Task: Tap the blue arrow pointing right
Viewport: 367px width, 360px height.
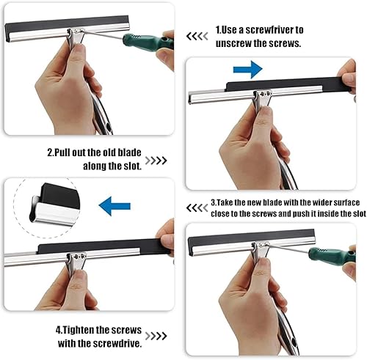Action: pos(247,70)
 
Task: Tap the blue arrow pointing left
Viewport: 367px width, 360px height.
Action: pos(115,206)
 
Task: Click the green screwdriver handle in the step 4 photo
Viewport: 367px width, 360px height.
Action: pos(332,255)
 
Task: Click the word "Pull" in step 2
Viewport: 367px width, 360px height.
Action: pos(62,153)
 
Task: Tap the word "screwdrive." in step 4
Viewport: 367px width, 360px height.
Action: pos(117,343)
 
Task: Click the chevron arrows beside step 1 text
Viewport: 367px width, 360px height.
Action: pos(197,37)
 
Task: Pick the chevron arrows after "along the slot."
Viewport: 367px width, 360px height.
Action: pos(156,161)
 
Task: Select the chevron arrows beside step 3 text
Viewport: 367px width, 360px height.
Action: pos(197,208)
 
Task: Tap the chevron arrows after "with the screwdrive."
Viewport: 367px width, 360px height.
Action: pos(156,336)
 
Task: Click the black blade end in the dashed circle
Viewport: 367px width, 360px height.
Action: pos(60,196)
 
